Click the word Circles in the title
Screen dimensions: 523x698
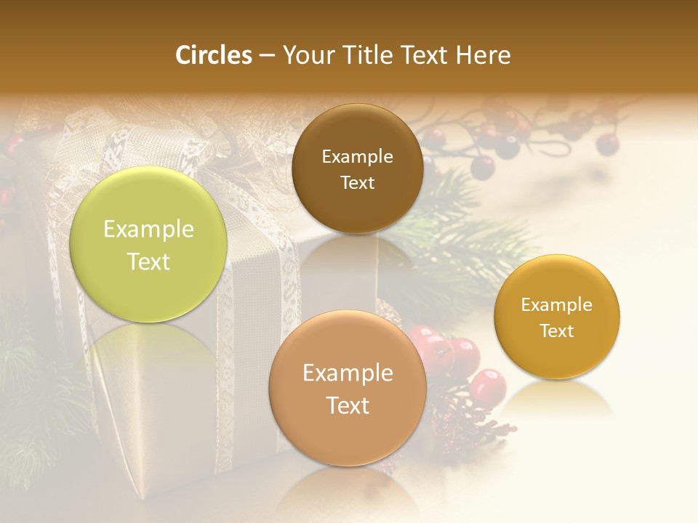(214, 55)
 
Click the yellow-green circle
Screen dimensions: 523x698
(148, 245)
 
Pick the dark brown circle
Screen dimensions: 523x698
(357, 169)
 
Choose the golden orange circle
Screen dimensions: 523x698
(557, 317)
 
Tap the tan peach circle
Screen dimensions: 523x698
(348, 389)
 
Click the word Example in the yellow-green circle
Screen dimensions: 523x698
(148, 230)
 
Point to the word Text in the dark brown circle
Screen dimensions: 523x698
(357, 183)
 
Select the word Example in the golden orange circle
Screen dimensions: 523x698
(557, 305)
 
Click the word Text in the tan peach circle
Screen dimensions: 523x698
(348, 405)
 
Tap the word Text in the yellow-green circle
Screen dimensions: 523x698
(148, 261)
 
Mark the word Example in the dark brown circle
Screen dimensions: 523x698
(357, 157)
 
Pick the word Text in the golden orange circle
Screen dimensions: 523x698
(557, 331)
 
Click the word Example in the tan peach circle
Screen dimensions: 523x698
(348, 373)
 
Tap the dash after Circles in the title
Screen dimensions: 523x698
(267, 56)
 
